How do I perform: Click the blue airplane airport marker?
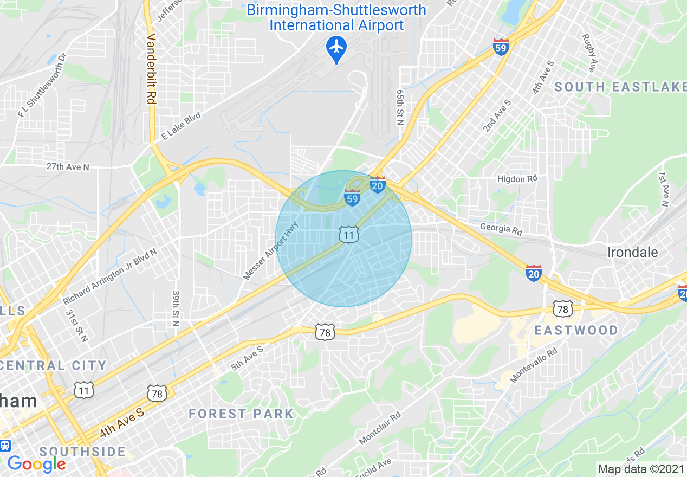point(336,48)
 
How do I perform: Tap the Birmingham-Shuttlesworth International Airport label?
point(336,17)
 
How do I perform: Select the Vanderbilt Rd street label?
point(151,69)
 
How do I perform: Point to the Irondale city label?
point(632,252)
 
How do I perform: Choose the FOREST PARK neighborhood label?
point(241,414)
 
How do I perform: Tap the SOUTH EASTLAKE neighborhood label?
point(620,87)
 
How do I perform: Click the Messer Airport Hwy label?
point(271,250)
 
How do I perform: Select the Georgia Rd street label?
point(501,229)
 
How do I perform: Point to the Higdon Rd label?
point(517,179)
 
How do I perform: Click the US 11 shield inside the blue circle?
point(348,235)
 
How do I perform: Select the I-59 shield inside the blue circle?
point(352,198)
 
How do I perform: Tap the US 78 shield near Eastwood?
point(562,309)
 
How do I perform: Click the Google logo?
point(36,463)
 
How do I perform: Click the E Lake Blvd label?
point(182,126)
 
